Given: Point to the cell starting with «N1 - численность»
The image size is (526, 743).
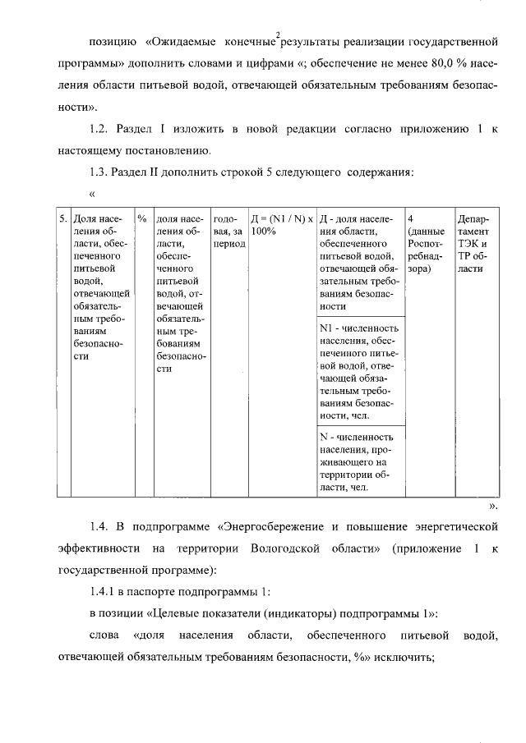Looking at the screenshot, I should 360,372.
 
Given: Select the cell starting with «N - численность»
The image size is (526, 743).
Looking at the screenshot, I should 360,462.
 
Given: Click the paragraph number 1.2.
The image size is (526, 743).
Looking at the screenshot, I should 99,130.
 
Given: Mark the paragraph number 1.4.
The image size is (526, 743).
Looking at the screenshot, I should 99,524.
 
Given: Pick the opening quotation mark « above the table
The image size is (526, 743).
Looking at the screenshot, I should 92,195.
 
